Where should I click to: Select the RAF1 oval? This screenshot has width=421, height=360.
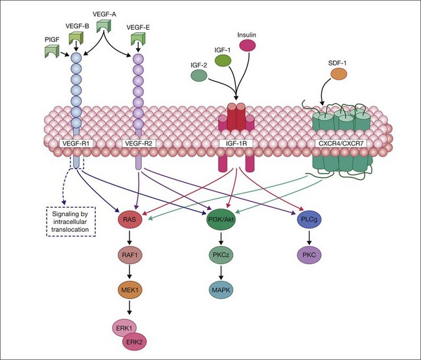(129, 256)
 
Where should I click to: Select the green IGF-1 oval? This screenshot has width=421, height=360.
(223, 60)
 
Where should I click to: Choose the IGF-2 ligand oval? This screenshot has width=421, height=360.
(199, 76)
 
